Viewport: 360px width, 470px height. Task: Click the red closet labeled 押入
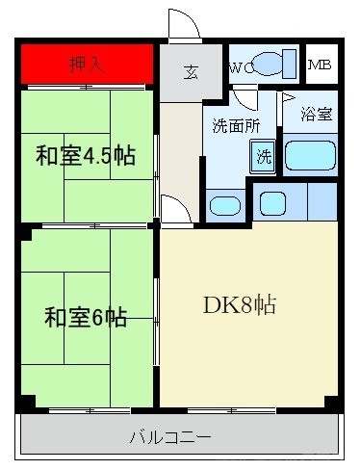[87, 65]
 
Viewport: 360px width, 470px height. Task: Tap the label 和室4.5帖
[86, 157]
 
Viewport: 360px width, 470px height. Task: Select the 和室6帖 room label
[86, 317]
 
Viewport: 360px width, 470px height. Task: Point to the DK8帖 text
[240, 306]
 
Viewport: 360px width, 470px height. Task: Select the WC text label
[241, 67]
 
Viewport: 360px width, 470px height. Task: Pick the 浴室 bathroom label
[316, 114]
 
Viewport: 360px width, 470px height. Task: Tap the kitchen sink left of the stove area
[273, 202]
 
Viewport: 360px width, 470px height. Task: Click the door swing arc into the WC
[244, 99]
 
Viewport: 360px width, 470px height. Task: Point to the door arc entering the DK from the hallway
[174, 206]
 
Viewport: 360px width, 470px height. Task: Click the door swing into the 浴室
[289, 100]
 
